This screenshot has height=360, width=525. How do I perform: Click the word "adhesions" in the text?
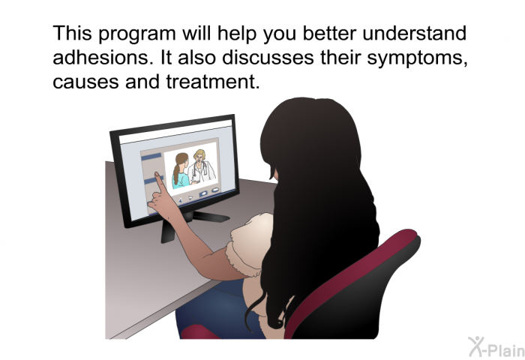click(x=100, y=57)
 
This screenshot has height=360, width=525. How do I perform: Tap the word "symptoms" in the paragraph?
click(x=417, y=59)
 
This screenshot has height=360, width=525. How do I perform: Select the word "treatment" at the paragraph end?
click(x=212, y=82)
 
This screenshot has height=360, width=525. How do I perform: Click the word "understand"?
click(x=414, y=33)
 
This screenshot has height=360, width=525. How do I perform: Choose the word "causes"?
click(x=85, y=82)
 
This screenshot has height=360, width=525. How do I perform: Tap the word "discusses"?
click(x=268, y=57)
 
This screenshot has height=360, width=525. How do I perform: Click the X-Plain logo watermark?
click(x=496, y=346)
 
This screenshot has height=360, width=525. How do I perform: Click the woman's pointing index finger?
click(x=158, y=181)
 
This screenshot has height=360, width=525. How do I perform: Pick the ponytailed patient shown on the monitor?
click(x=181, y=171)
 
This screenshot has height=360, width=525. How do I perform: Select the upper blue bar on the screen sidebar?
click(x=151, y=156)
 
